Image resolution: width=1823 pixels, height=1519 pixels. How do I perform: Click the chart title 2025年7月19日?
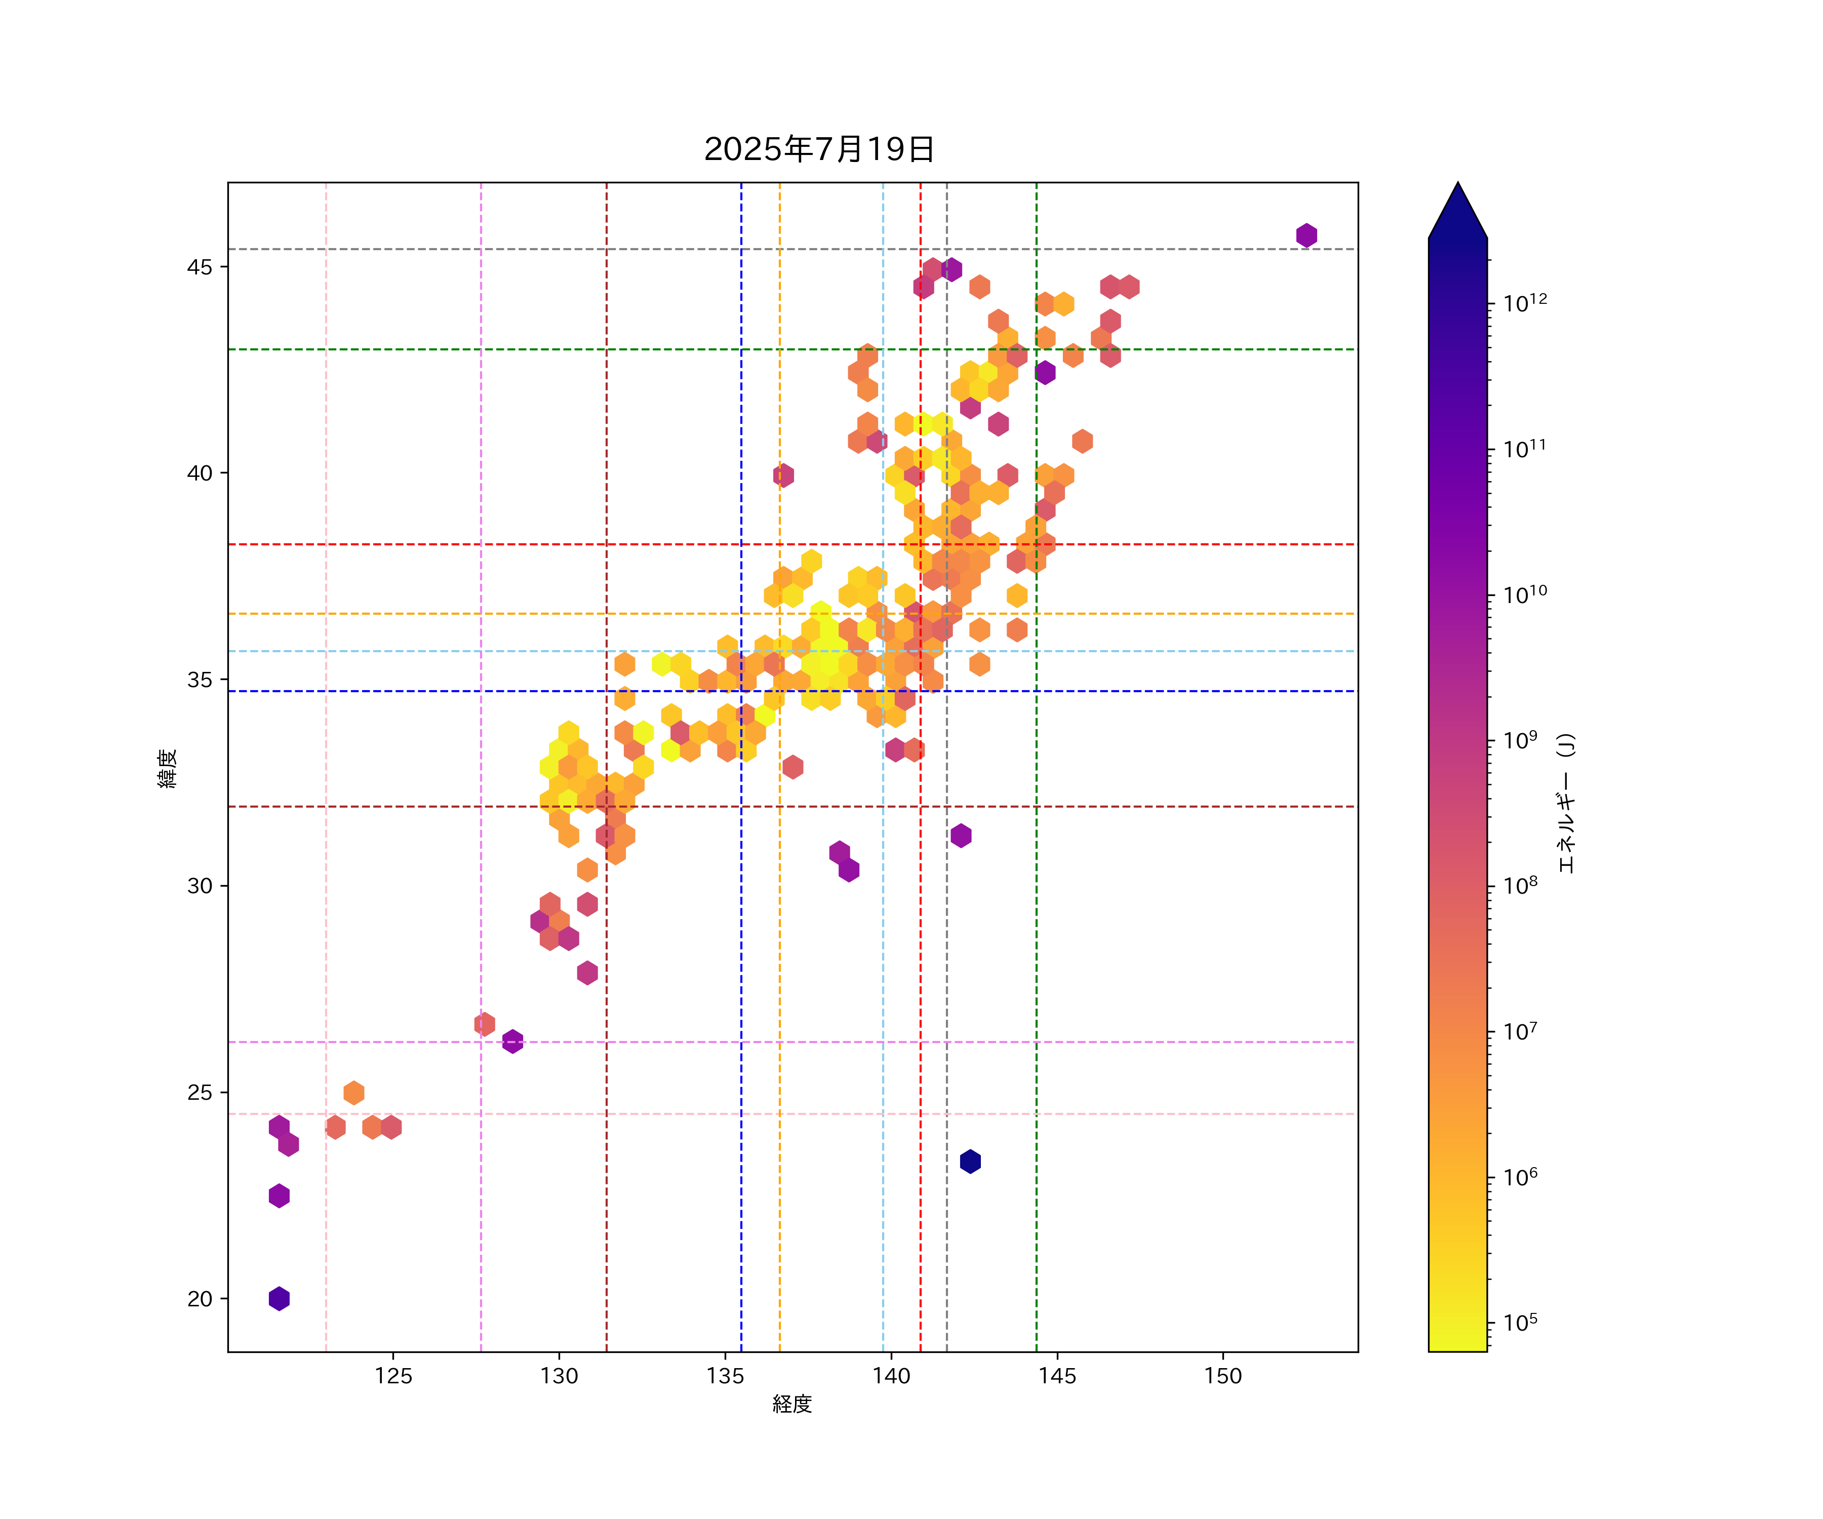point(819,149)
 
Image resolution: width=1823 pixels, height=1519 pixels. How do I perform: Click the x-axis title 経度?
point(791,1404)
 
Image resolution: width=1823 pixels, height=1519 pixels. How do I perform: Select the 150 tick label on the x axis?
point(1222,1376)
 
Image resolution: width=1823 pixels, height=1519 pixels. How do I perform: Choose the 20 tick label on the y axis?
point(200,1299)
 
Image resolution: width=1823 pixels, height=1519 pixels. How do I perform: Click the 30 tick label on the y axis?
point(200,886)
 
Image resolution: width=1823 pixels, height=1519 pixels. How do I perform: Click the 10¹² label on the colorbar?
point(1525,303)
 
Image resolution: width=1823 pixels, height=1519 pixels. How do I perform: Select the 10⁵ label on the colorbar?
point(1521,1322)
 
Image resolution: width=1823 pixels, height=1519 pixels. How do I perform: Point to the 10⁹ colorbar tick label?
point(1521,740)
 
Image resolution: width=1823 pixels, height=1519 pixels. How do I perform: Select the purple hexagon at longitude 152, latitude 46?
point(1306,235)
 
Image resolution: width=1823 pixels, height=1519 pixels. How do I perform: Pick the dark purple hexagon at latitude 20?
point(279,1299)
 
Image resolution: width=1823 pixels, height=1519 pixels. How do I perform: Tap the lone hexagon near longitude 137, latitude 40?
point(783,475)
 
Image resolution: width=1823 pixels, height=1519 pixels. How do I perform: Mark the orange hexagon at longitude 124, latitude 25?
point(353,1093)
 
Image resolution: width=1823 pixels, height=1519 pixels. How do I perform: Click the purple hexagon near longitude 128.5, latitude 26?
point(513,1041)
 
